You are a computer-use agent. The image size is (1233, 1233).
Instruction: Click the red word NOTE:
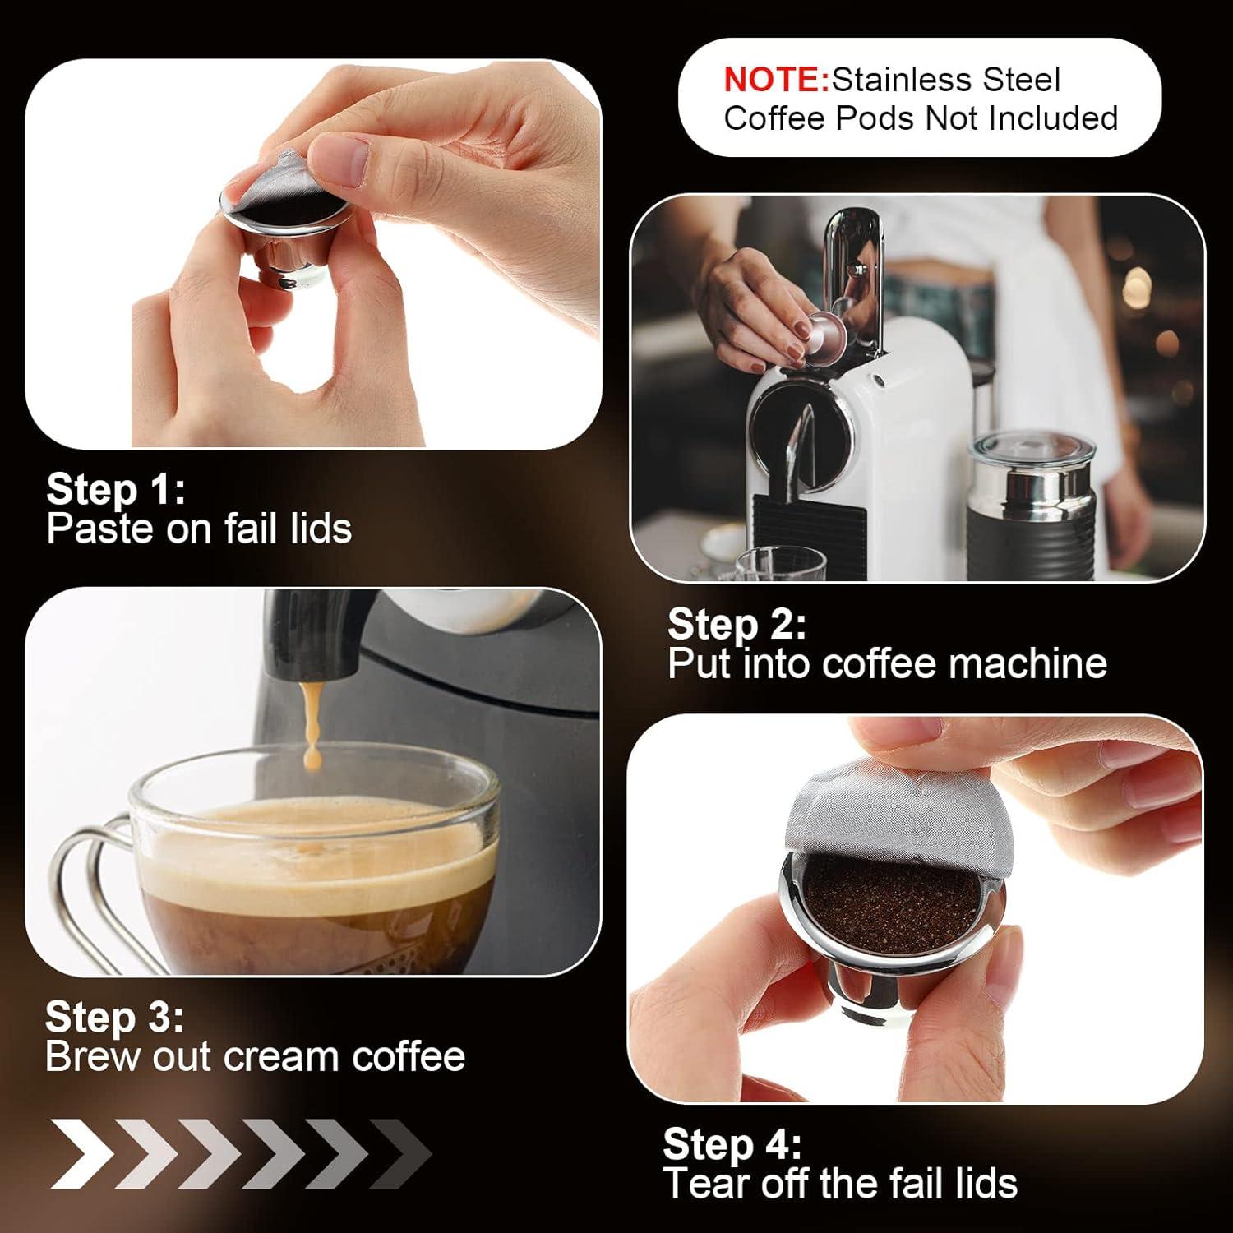click(x=776, y=80)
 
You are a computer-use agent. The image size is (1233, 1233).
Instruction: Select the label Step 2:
click(x=737, y=624)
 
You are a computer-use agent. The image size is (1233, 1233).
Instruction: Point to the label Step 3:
click(x=114, y=1017)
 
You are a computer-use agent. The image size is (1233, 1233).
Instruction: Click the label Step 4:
click(x=732, y=1143)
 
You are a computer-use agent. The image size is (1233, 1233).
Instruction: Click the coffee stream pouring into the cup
click(x=311, y=723)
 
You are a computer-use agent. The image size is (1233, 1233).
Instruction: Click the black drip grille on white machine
click(x=810, y=526)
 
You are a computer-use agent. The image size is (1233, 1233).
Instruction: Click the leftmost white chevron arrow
click(x=82, y=1152)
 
